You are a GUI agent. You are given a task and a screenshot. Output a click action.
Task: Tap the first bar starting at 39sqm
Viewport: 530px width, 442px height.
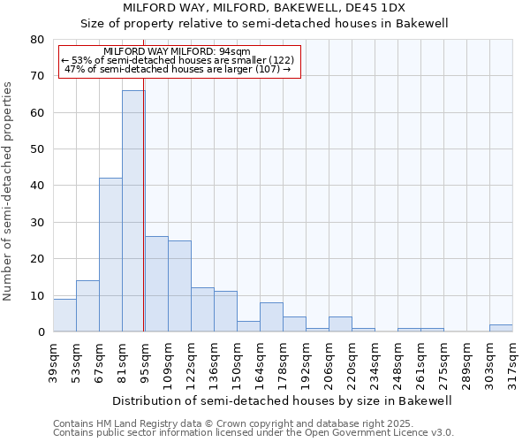tap(64, 315)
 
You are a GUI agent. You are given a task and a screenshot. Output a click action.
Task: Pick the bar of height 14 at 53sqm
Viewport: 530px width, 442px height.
tap(87, 306)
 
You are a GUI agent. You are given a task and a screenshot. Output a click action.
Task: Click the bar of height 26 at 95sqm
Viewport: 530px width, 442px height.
tap(156, 284)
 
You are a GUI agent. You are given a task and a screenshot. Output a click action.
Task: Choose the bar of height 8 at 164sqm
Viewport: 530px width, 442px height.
tap(271, 316)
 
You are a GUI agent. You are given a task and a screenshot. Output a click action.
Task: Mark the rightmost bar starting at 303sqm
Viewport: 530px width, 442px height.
tap(501, 328)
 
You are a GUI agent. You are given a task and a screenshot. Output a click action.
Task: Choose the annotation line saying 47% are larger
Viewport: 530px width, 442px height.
tap(178, 69)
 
